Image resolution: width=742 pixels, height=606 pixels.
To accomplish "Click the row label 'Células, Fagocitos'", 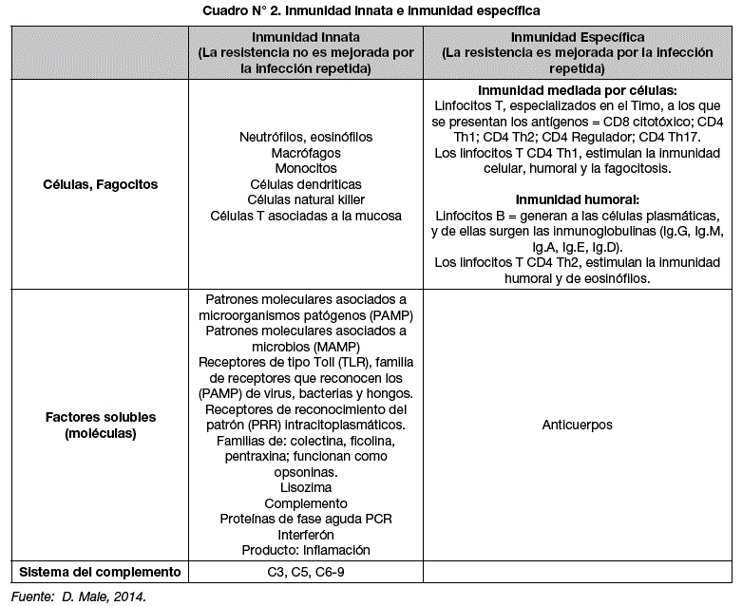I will pyautogui.click(x=100, y=184).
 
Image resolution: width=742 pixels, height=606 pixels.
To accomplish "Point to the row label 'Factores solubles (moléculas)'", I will pyautogui.click(x=100, y=425).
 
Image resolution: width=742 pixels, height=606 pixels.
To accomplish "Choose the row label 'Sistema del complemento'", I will pyautogui.click(x=100, y=572).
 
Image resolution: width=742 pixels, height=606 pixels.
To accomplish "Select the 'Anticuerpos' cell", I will pyautogui.click(x=578, y=425).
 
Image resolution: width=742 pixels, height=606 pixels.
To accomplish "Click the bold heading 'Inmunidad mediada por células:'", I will pyautogui.click(x=578, y=90).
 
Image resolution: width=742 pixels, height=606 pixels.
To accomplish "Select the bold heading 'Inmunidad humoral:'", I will pyautogui.click(x=578, y=199).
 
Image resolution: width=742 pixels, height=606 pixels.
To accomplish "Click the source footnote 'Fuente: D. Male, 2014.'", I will pyautogui.click(x=78, y=596).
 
